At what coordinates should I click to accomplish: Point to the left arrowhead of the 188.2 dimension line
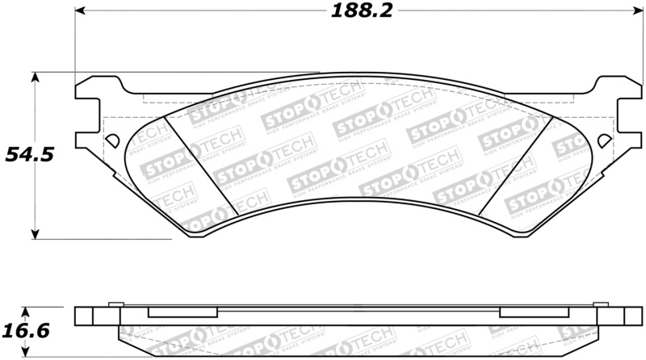tap(80, 12)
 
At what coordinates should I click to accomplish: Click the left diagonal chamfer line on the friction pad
tap(201, 166)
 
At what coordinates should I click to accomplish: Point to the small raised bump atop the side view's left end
tap(115, 305)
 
